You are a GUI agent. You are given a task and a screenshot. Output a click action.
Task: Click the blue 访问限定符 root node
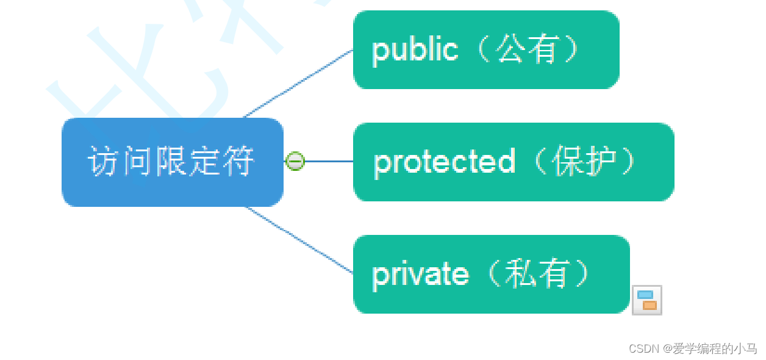click(173, 162)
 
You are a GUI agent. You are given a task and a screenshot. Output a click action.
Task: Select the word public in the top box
click(415, 50)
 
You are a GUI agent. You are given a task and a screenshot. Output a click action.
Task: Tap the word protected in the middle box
click(444, 162)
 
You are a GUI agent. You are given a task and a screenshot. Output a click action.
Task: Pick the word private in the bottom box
click(420, 275)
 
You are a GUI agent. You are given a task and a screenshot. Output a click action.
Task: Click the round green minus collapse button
click(295, 161)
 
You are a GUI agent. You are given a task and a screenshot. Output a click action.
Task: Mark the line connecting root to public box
click(299, 84)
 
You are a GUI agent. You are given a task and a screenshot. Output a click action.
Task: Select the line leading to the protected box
click(329, 161)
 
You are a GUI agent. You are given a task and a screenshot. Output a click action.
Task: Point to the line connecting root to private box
click(299, 240)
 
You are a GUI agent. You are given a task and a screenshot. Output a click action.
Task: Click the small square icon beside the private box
click(647, 300)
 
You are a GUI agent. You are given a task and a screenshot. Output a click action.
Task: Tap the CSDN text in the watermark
click(644, 349)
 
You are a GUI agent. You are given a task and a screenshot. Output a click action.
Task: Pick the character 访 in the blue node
click(102, 162)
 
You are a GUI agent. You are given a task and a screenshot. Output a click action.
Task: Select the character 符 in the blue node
click(238, 162)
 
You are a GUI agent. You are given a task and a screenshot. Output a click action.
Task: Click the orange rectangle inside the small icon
click(650, 305)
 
